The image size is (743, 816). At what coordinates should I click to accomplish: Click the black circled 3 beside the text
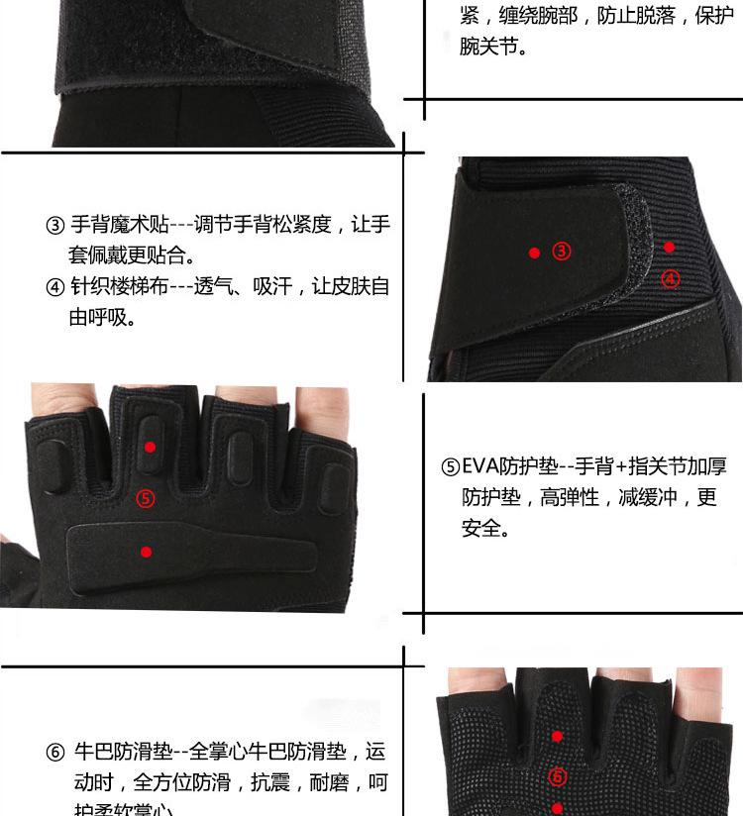pyautogui.click(x=55, y=225)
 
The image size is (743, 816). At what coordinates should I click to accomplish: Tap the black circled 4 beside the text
pyautogui.click(x=55, y=287)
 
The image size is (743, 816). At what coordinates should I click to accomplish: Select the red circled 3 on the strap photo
pyautogui.click(x=562, y=252)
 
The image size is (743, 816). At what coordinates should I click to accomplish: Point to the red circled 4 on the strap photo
pyautogui.click(x=671, y=278)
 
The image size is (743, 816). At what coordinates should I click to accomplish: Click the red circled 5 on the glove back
pyautogui.click(x=146, y=498)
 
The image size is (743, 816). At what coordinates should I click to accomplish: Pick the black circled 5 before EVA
pyautogui.click(x=451, y=467)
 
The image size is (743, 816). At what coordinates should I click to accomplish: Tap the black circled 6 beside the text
pyautogui.click(x=55, y=752)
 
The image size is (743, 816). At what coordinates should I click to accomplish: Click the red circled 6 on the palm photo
pyautogui.click(x=558, y=775)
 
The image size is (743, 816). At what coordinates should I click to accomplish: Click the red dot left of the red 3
pyautogui.click(x=534, y=254)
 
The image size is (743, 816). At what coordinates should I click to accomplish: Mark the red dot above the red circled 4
pyautogui.click(x=670, y=247)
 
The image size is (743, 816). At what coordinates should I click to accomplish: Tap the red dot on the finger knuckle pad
pyautogui.click(x=150, y=448)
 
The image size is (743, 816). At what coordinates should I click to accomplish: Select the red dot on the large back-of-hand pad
pyautogui.click(x=147, y=552)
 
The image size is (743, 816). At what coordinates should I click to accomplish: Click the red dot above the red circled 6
pyautogui.click(x=558, y=737)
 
